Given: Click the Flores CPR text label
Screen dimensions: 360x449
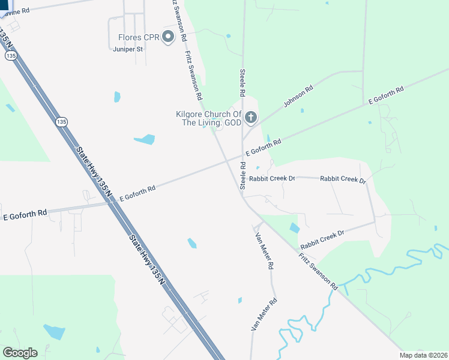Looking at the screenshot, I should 138,37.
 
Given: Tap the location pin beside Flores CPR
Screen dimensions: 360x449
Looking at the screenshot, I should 169,38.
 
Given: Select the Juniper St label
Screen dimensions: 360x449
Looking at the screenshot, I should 127,49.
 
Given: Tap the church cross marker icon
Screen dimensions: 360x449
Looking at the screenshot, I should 251,118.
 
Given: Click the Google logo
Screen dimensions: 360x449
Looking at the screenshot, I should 20,353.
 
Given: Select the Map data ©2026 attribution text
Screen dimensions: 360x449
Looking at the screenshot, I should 423,355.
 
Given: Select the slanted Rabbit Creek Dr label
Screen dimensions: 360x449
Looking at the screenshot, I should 322,239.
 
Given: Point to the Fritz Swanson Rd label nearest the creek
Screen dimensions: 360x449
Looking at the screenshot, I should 318,271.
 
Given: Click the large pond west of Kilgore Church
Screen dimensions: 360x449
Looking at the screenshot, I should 145,139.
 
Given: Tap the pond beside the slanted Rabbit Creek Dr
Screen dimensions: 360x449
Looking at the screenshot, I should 294,228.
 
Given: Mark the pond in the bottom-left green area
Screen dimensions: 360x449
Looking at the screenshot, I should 54,331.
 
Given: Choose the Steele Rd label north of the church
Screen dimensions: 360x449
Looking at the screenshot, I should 243,83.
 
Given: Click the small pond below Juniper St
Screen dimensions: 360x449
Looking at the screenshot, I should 117,97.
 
